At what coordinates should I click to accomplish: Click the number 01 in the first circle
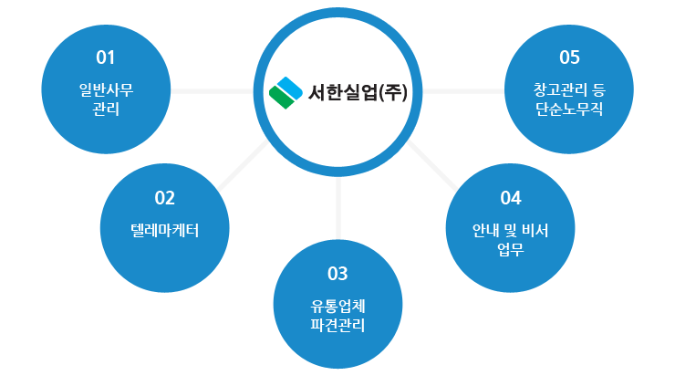point(106,57)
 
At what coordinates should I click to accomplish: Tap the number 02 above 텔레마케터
point(164,198)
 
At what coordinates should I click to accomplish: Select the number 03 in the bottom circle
point(337,274)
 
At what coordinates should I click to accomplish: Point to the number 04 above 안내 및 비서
point(511,198)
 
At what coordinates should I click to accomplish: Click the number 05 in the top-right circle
point(569,57)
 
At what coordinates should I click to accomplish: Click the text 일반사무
point(106,90)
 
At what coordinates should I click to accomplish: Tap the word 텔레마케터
point(164,231)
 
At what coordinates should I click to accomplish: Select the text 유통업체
point(337,307)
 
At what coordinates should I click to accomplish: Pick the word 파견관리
point(337,325)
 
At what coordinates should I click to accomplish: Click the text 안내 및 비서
point(511,231)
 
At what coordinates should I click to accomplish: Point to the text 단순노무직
point(569,109)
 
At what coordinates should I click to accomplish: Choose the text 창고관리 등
point(569,90)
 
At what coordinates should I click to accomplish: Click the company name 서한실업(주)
point(358,92)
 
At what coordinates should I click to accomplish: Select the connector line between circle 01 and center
point(213,91)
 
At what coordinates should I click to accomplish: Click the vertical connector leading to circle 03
point(338,208)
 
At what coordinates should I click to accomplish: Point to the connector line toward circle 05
point(463,91)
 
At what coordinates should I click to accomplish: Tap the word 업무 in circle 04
point(511,249)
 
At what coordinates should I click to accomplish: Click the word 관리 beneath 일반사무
point(106,109)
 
